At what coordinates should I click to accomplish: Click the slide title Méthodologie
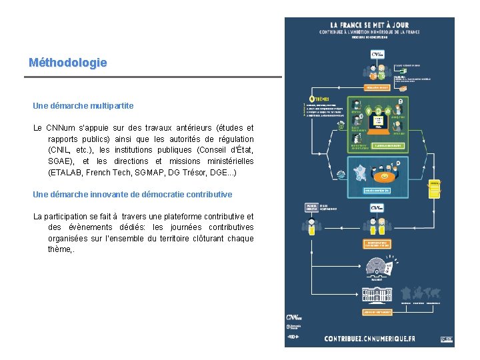coord(67,63)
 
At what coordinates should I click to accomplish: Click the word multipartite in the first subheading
coord(113,105)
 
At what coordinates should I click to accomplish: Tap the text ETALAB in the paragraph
coord(66,173)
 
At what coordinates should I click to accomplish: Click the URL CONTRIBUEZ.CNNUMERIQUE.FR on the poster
coord(369,339)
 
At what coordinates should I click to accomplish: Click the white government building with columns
coord(376,294)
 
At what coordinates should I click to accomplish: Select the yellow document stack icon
coord(434,189)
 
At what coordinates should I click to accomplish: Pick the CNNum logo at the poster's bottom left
coord(295,318)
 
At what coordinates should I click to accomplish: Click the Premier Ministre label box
coord(311,207)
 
